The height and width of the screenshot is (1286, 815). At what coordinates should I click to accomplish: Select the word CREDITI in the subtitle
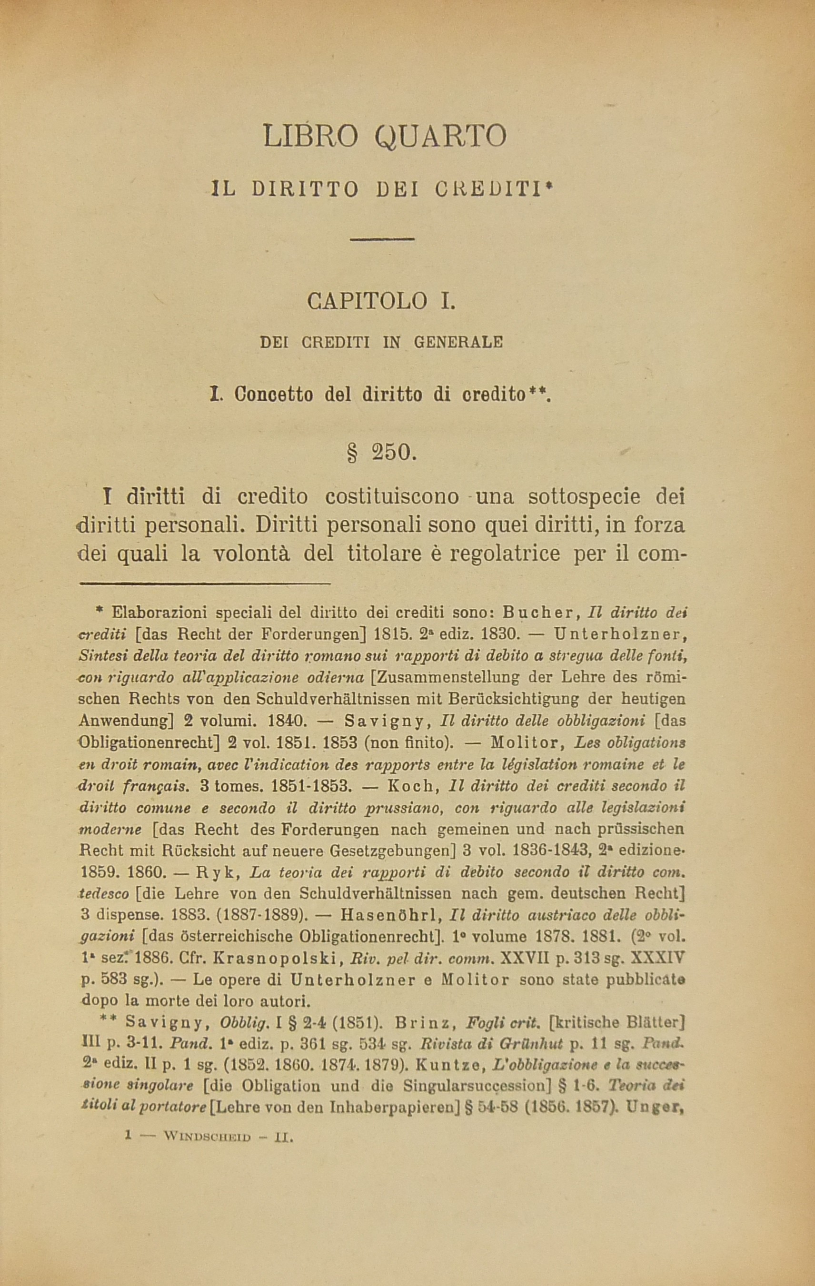pyautogui.click(x=494, y=190)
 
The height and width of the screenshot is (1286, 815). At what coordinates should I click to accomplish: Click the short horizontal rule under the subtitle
pyautogui.click(x=382, y=239)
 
